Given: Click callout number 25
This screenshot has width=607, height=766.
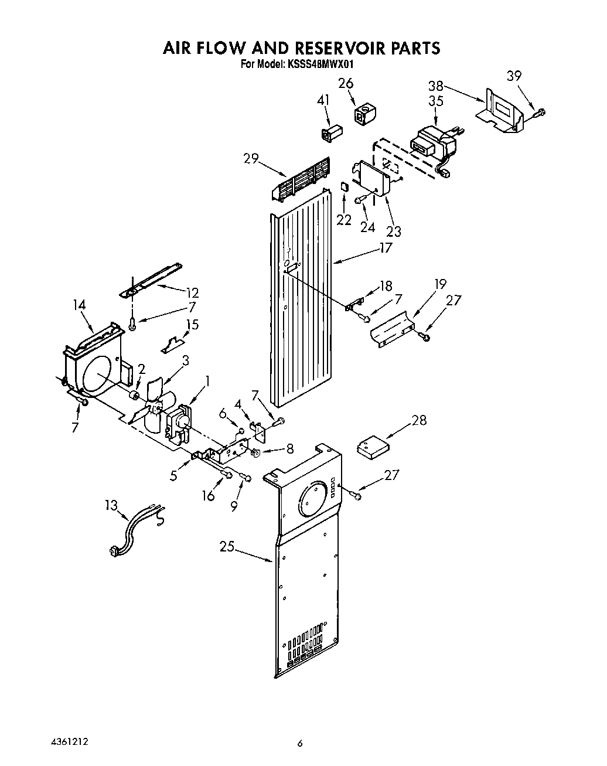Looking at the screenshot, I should coord(227,547).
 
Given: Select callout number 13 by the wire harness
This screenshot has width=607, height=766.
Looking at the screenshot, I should coord(111,506).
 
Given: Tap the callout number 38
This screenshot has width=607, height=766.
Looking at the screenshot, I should coord(436,86).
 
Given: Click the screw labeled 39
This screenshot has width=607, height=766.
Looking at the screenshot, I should coord(540,111).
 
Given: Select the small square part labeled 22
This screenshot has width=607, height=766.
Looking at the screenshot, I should coord(345,187).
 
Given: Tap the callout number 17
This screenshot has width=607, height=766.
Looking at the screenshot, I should coord(385,248).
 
